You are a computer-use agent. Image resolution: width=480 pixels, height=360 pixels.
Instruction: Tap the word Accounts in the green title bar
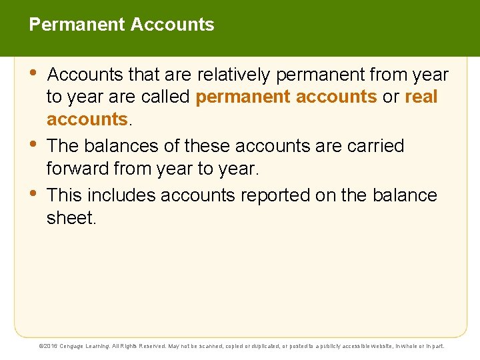coord(173,25)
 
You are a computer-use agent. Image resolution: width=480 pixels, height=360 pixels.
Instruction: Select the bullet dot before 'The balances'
coord(35,144)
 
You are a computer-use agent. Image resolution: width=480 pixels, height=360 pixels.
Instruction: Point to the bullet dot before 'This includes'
coord(35,193)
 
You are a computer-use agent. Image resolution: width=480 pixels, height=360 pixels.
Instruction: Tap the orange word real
coord(421,97)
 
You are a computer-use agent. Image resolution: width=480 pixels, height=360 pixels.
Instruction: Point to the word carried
coord(373,145)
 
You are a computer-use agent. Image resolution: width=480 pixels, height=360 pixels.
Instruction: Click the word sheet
coord(70,218)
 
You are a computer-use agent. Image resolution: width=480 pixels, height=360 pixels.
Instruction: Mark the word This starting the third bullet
coord(65,195)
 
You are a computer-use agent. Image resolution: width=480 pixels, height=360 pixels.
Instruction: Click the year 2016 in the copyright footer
coord(53,347)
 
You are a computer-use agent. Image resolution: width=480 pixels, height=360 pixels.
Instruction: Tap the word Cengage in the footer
coord(75,347)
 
